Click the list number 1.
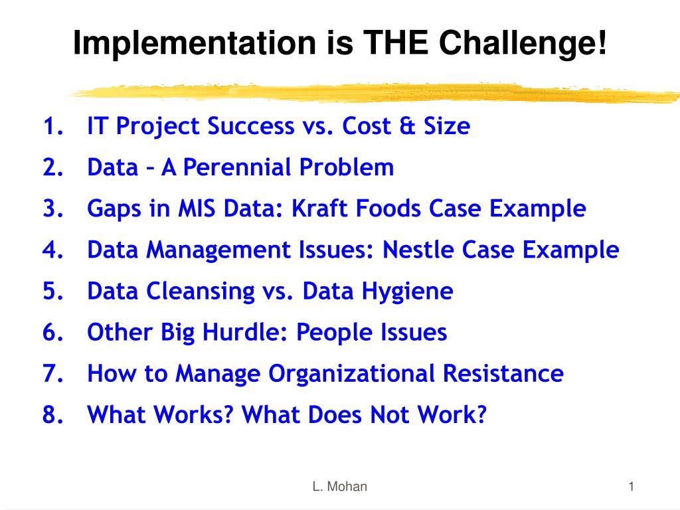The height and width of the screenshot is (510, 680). point(53,126)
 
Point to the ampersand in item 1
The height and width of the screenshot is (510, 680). point(407,126)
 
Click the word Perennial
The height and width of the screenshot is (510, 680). point(237,167)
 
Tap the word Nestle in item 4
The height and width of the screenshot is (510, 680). point(417,250)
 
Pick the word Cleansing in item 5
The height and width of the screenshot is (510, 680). point(200,292)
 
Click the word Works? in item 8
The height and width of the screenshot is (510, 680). point(194,414)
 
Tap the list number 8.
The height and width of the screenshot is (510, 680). point(53,414)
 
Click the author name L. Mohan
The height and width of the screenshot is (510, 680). point(339,487)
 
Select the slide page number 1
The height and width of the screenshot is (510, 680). point(632,487)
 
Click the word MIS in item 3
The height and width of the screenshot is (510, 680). point(197,208)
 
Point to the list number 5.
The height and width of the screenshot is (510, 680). point(53,291)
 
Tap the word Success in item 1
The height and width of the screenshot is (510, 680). point(251,126)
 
